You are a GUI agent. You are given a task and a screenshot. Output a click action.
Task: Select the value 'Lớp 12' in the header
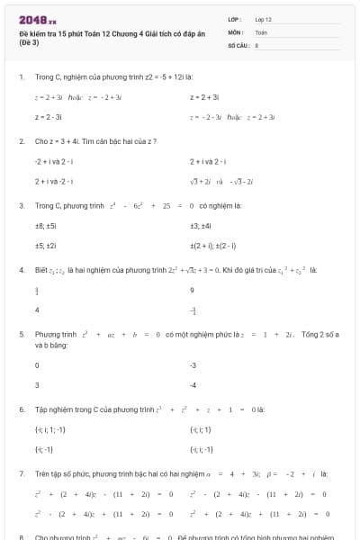tap(264, 19)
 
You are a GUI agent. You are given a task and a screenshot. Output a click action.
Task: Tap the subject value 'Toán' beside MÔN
tap(261, 31)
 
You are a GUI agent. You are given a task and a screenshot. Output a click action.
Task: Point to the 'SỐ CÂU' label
tap(238, 43)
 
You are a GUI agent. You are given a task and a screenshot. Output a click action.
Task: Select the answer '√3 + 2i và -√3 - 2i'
tap(221, 181)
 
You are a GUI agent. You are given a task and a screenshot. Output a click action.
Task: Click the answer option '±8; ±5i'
tap(46, 227)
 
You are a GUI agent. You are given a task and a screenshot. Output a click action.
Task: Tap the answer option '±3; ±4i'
tap(201, 227)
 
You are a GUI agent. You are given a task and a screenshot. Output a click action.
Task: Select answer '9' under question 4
tap(193, 291)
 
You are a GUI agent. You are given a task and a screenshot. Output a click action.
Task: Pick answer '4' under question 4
tap(37, 310)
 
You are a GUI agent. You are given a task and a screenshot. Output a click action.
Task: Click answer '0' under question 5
tap(37, 365)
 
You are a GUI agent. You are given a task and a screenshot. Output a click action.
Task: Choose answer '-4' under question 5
tap(193, 384)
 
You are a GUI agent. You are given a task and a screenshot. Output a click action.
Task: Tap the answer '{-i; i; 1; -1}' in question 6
tap(50, 429)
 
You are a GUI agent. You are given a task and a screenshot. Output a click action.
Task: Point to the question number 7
tap(21, 472)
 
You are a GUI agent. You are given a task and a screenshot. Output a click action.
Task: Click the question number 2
tap(21, 141)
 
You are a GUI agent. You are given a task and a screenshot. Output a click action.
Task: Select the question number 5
tap(21, 334)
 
